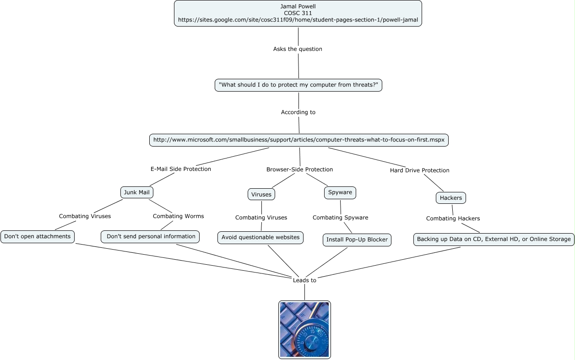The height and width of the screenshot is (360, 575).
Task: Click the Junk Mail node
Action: (x=137, y=192)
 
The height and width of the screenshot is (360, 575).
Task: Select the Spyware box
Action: (x=340, y=193)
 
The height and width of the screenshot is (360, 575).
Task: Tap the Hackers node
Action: (x=451, y=198)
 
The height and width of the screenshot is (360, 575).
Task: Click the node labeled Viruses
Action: (x=261, y=195)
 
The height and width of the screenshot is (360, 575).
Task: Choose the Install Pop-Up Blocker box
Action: (x=357, y=240)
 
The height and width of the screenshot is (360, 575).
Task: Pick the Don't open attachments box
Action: (x=38, y=237)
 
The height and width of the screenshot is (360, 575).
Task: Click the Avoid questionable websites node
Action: (x=260, y=238)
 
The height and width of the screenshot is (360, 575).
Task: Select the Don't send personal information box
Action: (x=150, y=237)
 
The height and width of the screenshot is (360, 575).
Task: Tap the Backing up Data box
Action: (x=494, y=240)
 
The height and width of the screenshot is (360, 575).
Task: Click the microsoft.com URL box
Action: (x=299, y=140)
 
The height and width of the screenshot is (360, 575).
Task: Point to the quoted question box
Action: (x=298, y=85)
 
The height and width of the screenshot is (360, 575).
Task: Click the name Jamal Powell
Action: (x=298, y=6)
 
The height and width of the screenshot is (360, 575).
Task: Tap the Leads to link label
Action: (x=304, y=280)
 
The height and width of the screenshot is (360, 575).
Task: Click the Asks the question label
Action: (x=298, y=49)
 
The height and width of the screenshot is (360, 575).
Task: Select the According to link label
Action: (x=298, y=112)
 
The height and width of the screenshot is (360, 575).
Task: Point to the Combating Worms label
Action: (x=178, y=216)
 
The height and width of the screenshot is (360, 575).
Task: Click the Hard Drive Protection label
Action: (x=419, y=170)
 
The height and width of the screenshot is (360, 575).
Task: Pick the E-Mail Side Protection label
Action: (x=181, y=169)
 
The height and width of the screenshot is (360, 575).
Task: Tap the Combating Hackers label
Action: (x=453, y=218)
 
